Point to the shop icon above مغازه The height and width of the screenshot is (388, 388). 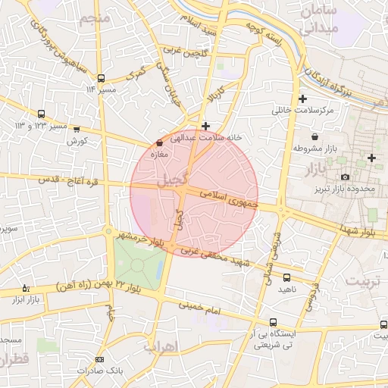159,142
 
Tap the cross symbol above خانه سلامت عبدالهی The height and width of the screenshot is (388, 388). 205,125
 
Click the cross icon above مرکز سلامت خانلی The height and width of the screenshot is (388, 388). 303,99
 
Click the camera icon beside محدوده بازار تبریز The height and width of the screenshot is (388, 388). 346,177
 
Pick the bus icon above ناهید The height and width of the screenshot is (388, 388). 286,278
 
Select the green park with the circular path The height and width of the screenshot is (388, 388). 138,264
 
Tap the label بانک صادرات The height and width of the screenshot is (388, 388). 99,371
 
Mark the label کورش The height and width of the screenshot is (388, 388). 77,141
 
